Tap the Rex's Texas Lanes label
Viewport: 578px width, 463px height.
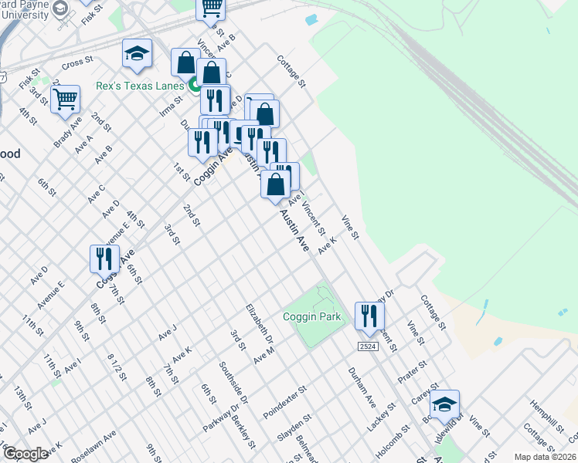point(141,86)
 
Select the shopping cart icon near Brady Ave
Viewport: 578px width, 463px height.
point(66,99)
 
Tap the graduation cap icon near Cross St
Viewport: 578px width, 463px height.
point(137,54)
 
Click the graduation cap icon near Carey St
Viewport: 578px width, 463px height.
point(444,405)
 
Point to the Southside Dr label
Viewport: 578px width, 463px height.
point(233,384)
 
